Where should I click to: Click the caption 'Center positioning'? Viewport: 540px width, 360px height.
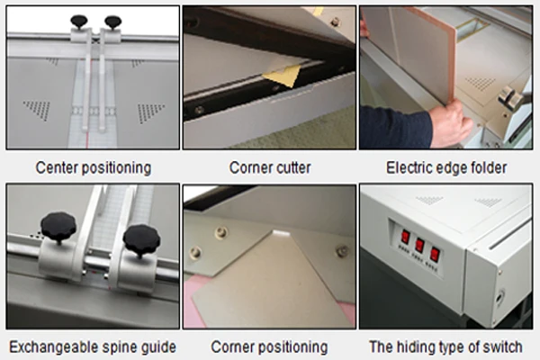94,167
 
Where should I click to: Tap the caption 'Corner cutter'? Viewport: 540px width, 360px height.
270,167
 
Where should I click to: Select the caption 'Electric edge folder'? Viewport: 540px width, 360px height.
446,167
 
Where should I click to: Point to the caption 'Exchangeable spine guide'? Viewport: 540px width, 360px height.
93,346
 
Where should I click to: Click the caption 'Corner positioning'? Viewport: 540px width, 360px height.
269,346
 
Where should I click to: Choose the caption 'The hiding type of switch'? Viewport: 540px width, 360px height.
445,346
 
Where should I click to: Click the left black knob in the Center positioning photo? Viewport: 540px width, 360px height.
79,22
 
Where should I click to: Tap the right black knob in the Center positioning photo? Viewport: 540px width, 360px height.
113,22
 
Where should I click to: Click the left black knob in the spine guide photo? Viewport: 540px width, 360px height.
58,227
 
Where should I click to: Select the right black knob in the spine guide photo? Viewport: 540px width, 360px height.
141,239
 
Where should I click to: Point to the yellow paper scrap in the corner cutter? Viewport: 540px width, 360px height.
283,76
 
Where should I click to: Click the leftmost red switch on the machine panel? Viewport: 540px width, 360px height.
405,237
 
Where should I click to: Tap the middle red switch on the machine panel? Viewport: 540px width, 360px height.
419,245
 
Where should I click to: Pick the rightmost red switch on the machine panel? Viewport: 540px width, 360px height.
435,254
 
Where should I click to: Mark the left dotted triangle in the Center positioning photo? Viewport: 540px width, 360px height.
37,110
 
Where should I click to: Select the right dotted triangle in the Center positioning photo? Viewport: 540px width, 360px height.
150,112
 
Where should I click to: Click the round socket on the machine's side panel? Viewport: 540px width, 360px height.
499,298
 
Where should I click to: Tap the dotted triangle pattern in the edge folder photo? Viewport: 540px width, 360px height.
481,83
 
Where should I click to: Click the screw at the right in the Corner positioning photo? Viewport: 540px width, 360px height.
341,250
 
